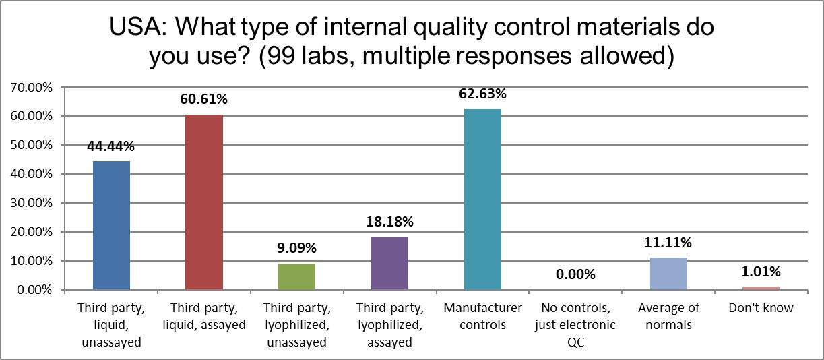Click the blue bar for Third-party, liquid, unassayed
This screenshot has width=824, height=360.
point(111,225)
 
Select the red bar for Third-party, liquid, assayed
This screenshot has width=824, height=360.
point(204,202)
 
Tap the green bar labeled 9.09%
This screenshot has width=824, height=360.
point(297,276)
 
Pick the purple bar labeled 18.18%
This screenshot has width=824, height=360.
point(389,264)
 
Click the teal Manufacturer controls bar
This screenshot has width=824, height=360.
point(482,199)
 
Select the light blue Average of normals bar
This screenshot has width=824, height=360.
point(668,274)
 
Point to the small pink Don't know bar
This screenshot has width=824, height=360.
point(761,288)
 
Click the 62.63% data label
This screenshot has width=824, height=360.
point(482,94)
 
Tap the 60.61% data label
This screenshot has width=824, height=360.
point(204,100)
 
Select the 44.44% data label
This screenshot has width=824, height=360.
point(111,147)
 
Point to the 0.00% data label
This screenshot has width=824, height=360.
point(575,275)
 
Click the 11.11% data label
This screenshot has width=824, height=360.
point(668,243)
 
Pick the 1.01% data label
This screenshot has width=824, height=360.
point(761,272)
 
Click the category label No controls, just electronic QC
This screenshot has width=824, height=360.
point(575,317)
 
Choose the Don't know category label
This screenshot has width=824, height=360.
point(761,309)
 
